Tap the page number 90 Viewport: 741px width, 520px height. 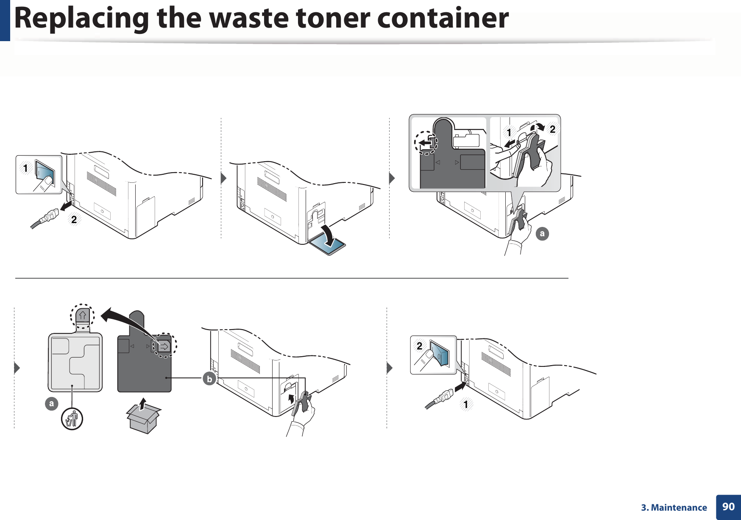tap(728, 506)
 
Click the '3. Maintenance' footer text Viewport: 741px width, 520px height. tap(674, 508)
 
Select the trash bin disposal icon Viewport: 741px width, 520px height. tap(72, 419)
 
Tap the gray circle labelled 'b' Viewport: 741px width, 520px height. tap(209, 379)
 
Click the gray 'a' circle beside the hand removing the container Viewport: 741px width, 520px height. tap(542, 234)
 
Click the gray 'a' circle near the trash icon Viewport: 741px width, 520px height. tap(52, 403)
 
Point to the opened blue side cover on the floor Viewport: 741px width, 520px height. tap(327, 246)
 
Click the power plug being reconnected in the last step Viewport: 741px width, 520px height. tap(443, 397)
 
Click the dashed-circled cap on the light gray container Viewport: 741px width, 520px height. tap(82, 316)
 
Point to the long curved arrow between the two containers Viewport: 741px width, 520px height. tap(127, 320)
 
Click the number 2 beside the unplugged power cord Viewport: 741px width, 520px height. tap(74, 220)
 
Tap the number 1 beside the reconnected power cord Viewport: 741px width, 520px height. tap(466, 405)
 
